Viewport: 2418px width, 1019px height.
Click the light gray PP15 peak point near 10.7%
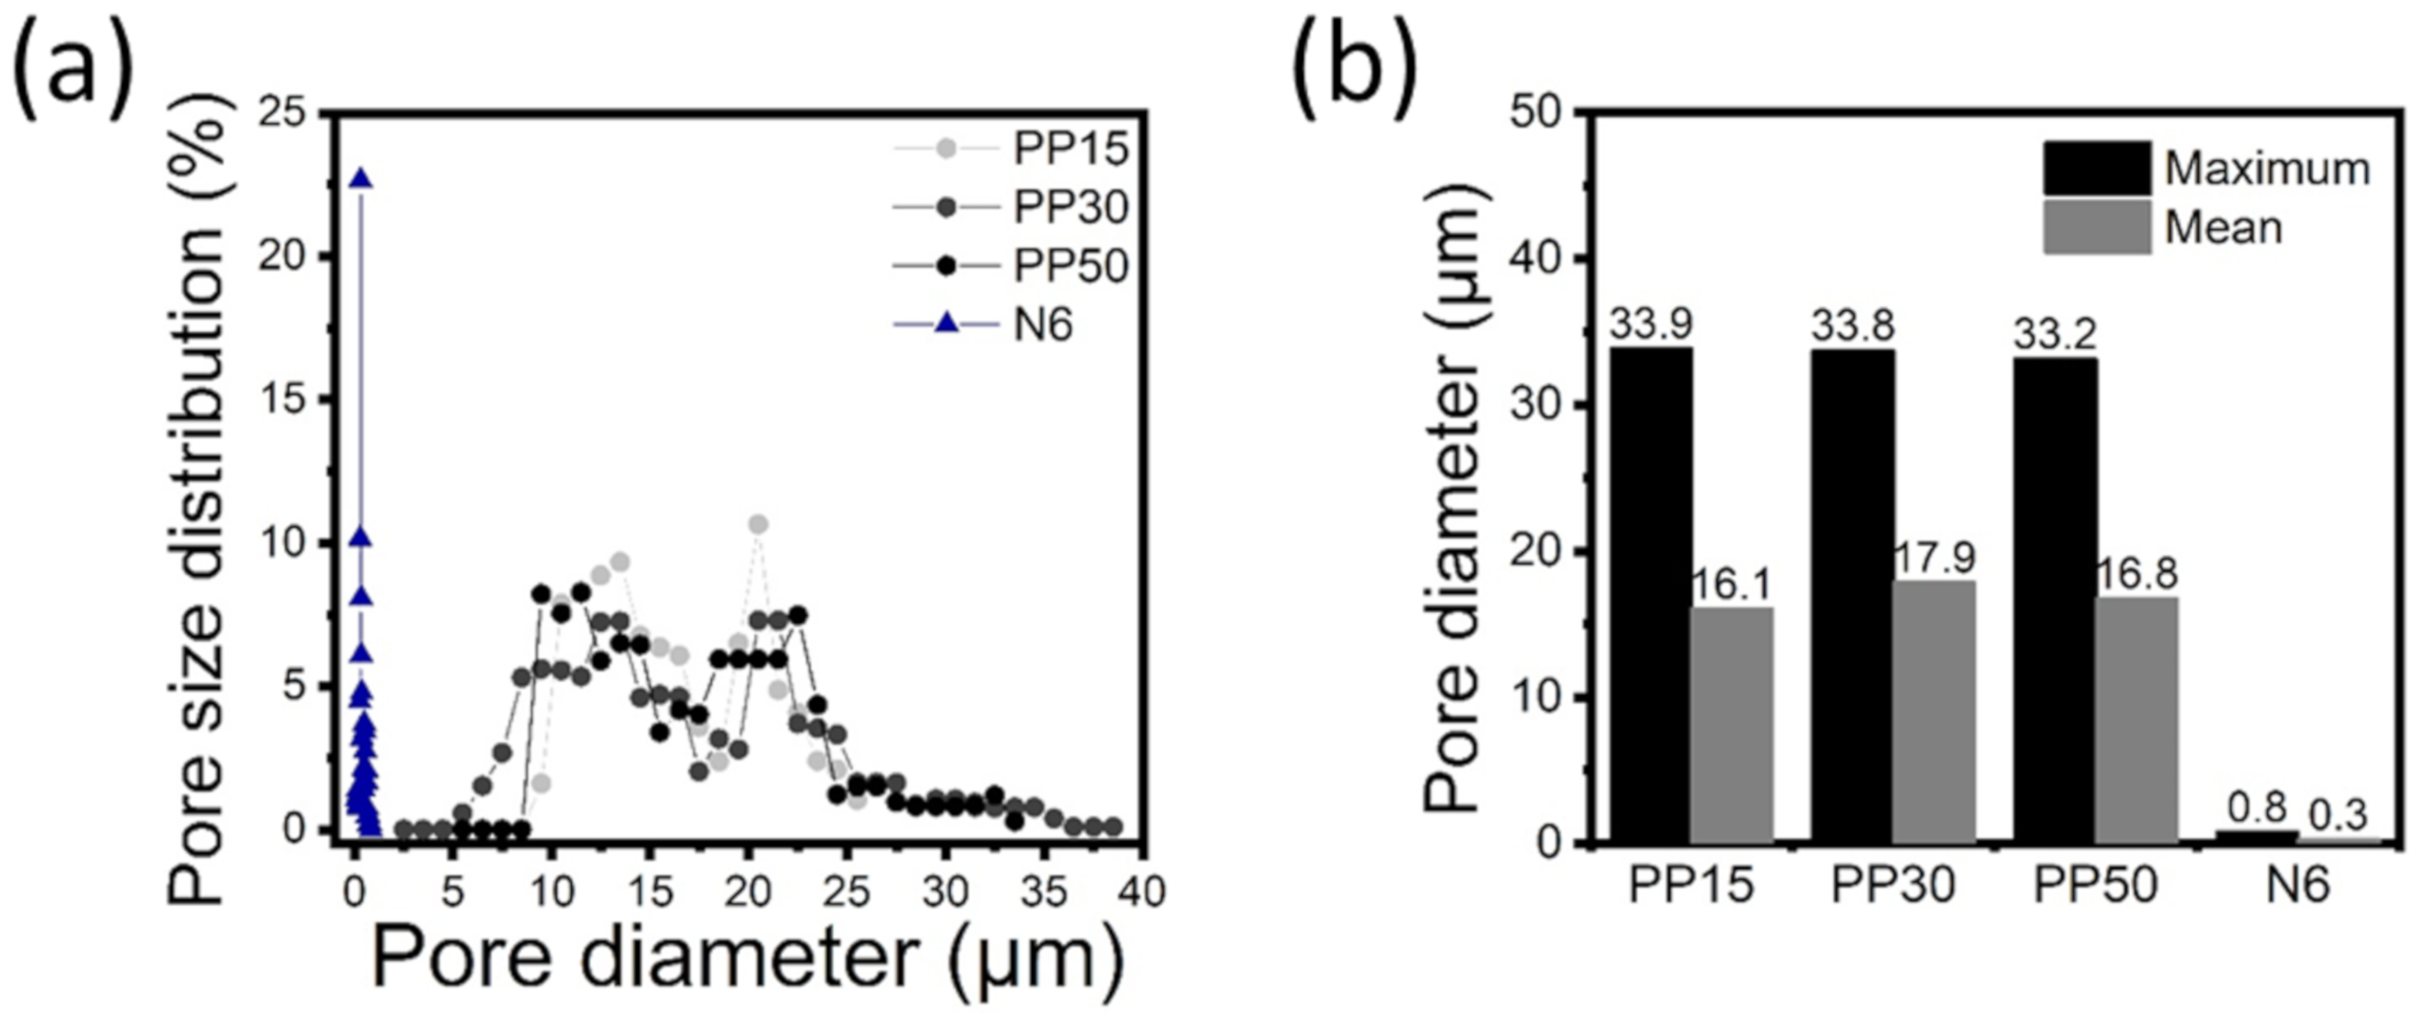point(758,524)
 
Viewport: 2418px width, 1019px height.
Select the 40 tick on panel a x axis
point(1141,891)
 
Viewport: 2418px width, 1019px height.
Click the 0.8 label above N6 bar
point(2256,809)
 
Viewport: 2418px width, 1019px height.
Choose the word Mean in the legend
point(2223,228)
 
